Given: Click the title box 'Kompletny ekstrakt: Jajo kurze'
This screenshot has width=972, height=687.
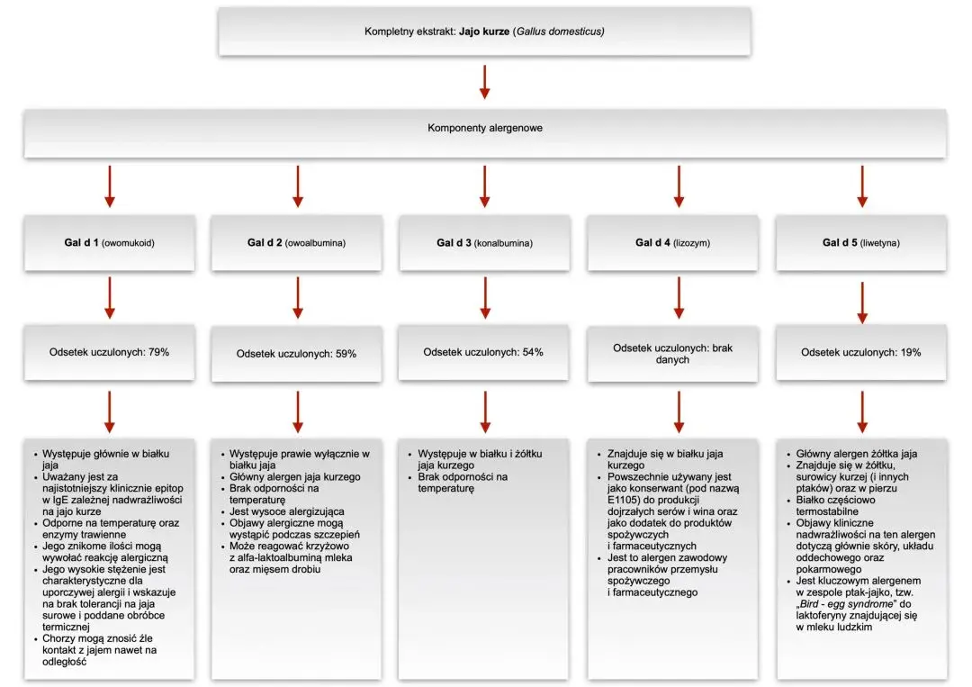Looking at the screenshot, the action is coord(484,32).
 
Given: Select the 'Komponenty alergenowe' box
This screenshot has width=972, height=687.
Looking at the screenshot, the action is coord(485,133).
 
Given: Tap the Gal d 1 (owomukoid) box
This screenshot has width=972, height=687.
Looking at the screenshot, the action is coord(109,243).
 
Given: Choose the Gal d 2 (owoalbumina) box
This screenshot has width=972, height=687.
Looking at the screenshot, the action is coord(296,243).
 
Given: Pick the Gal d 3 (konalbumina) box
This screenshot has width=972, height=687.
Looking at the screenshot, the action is coord(484,243).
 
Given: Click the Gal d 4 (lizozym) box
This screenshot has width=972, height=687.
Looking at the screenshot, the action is coord(672,243).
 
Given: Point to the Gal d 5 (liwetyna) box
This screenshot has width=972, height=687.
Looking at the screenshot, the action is coord(861,243).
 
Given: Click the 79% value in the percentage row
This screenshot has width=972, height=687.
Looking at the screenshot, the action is coord(158,352).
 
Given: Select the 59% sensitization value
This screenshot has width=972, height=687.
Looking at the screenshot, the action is coord(346,354).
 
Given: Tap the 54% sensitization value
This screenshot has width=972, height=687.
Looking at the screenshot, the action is coord(533,352).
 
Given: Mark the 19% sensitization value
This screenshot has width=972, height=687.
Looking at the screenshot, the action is coord(910,353).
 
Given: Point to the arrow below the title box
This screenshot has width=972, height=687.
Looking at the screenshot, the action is coord(485,82).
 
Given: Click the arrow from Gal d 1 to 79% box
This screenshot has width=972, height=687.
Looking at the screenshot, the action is coord(110,298).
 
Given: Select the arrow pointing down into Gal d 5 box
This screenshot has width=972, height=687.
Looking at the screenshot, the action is coord(861,186).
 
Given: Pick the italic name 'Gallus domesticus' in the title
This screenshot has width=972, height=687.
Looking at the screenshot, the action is coord(559,32).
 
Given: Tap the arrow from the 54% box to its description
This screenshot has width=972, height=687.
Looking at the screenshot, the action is coord(485,411).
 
